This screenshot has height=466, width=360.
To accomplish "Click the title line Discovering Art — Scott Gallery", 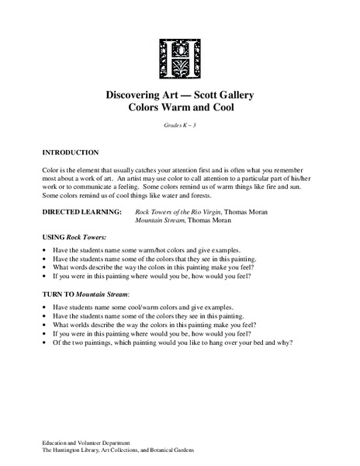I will (x=180, y=95).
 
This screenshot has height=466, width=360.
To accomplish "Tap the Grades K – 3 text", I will (x=180, y=126).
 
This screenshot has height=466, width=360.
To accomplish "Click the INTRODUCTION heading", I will (x=71, y=152).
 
